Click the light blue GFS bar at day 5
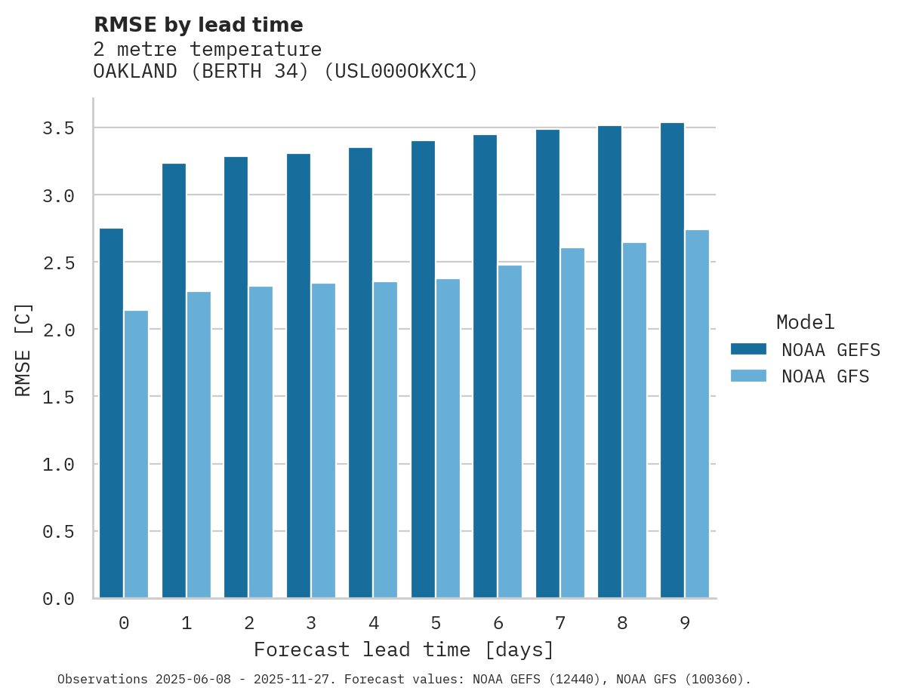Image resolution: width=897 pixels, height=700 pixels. [448, 438]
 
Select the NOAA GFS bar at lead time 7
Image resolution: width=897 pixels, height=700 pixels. [572, 422]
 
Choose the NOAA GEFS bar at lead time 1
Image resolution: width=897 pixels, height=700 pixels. [174, 380]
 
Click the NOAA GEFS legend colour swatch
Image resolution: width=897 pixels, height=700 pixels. [748, 349]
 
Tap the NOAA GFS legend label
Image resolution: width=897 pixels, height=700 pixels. [825, 376]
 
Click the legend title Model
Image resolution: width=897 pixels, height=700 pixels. [805, 322]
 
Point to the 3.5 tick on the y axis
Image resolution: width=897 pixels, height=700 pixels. [58, 128]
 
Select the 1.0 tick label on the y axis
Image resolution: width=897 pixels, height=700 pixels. [58, 465]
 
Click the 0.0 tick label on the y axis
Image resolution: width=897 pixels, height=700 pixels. [58, 599]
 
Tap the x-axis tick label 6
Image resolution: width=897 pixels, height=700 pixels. [498, 623]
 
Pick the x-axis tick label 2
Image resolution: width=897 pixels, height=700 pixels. [248, 623]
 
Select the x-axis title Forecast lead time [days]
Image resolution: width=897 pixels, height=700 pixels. [404, 649]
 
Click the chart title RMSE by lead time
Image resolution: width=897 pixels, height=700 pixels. [198, 25]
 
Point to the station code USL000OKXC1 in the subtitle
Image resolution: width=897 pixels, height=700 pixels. [400, 72]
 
